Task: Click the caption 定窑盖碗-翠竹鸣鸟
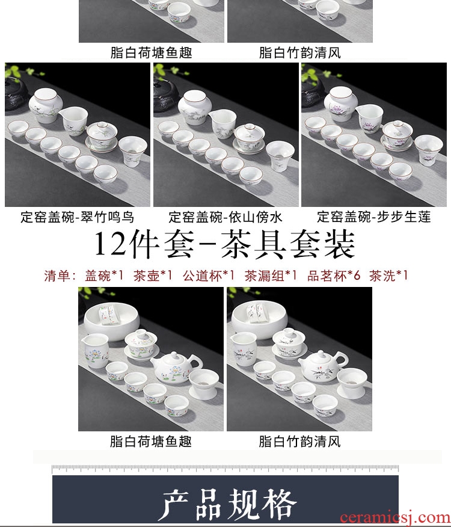[78, 217]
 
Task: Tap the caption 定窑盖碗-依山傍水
[226, 217]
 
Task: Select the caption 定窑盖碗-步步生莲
[373, 217]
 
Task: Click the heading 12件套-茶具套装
[224, 244]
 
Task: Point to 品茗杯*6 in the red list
[334, 276]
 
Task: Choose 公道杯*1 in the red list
[208, 276]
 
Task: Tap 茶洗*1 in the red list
[388, 276]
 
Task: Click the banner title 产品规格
[227, 504]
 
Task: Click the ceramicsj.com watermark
[395, 517]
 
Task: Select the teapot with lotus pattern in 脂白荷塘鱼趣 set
[176, 367]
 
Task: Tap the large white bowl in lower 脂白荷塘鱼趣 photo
[112, 321]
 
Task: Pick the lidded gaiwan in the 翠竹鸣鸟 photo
[102, 137]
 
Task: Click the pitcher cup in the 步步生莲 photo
[370, 119]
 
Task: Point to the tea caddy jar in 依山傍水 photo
[195, 107]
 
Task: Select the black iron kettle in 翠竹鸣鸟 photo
[16, 93]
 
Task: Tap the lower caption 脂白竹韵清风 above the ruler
[299, 442]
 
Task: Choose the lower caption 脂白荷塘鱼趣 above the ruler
[151, 442]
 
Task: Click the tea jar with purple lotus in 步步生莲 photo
[341, 103]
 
